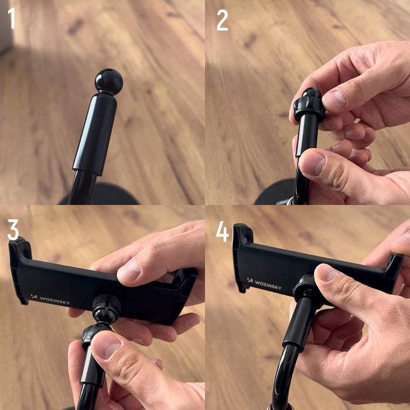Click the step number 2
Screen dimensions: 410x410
222,20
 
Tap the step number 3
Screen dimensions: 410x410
13,229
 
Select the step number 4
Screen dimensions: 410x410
222,231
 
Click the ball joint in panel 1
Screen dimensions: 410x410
109,81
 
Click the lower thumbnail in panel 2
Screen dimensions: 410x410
312,165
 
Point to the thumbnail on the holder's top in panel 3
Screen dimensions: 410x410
129,270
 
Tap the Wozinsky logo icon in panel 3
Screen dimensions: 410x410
33,297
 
